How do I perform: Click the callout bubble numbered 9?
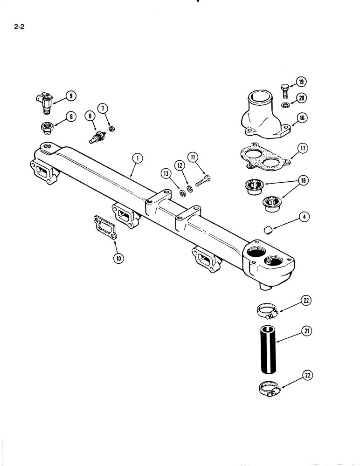pos(71,96)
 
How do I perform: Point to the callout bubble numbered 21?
pos(308,331)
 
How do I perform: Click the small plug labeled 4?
pos(268,229)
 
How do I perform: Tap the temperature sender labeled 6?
pos(97,136)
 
